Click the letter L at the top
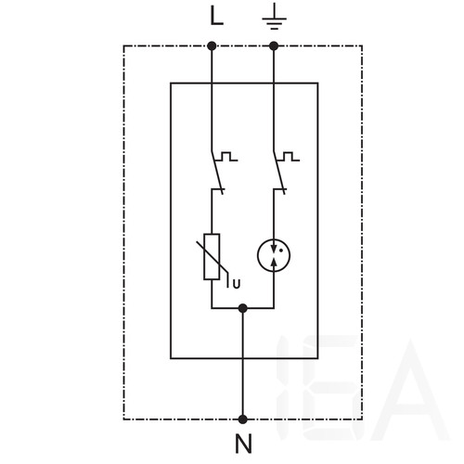216,16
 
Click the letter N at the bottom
243,444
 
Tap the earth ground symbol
274,20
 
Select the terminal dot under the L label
212,46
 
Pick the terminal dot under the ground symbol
274,46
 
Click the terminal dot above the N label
243,419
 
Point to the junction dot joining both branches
243,308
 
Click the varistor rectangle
212,257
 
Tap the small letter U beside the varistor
237,284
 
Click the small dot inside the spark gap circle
281,251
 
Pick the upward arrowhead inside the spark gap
274,263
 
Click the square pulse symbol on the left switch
226,156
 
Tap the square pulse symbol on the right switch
289,156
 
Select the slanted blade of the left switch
217,173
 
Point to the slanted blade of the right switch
279,173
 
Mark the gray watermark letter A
410,390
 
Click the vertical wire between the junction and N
243,364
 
